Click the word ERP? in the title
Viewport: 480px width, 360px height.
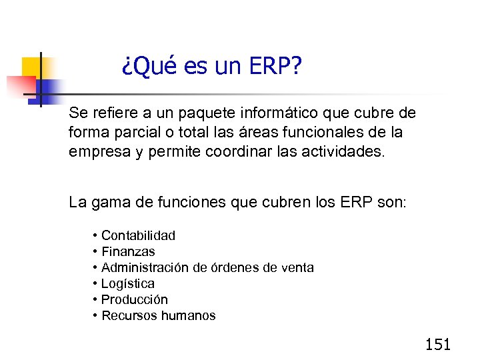275,66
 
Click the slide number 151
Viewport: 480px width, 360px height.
438,344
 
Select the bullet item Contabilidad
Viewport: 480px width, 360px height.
138,235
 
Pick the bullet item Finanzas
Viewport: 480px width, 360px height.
128,251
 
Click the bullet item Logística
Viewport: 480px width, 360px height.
127,283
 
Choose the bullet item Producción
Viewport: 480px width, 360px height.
134,299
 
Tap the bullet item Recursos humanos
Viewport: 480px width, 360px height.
158,315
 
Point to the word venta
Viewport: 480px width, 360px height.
298,267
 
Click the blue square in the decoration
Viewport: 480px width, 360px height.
48,87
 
